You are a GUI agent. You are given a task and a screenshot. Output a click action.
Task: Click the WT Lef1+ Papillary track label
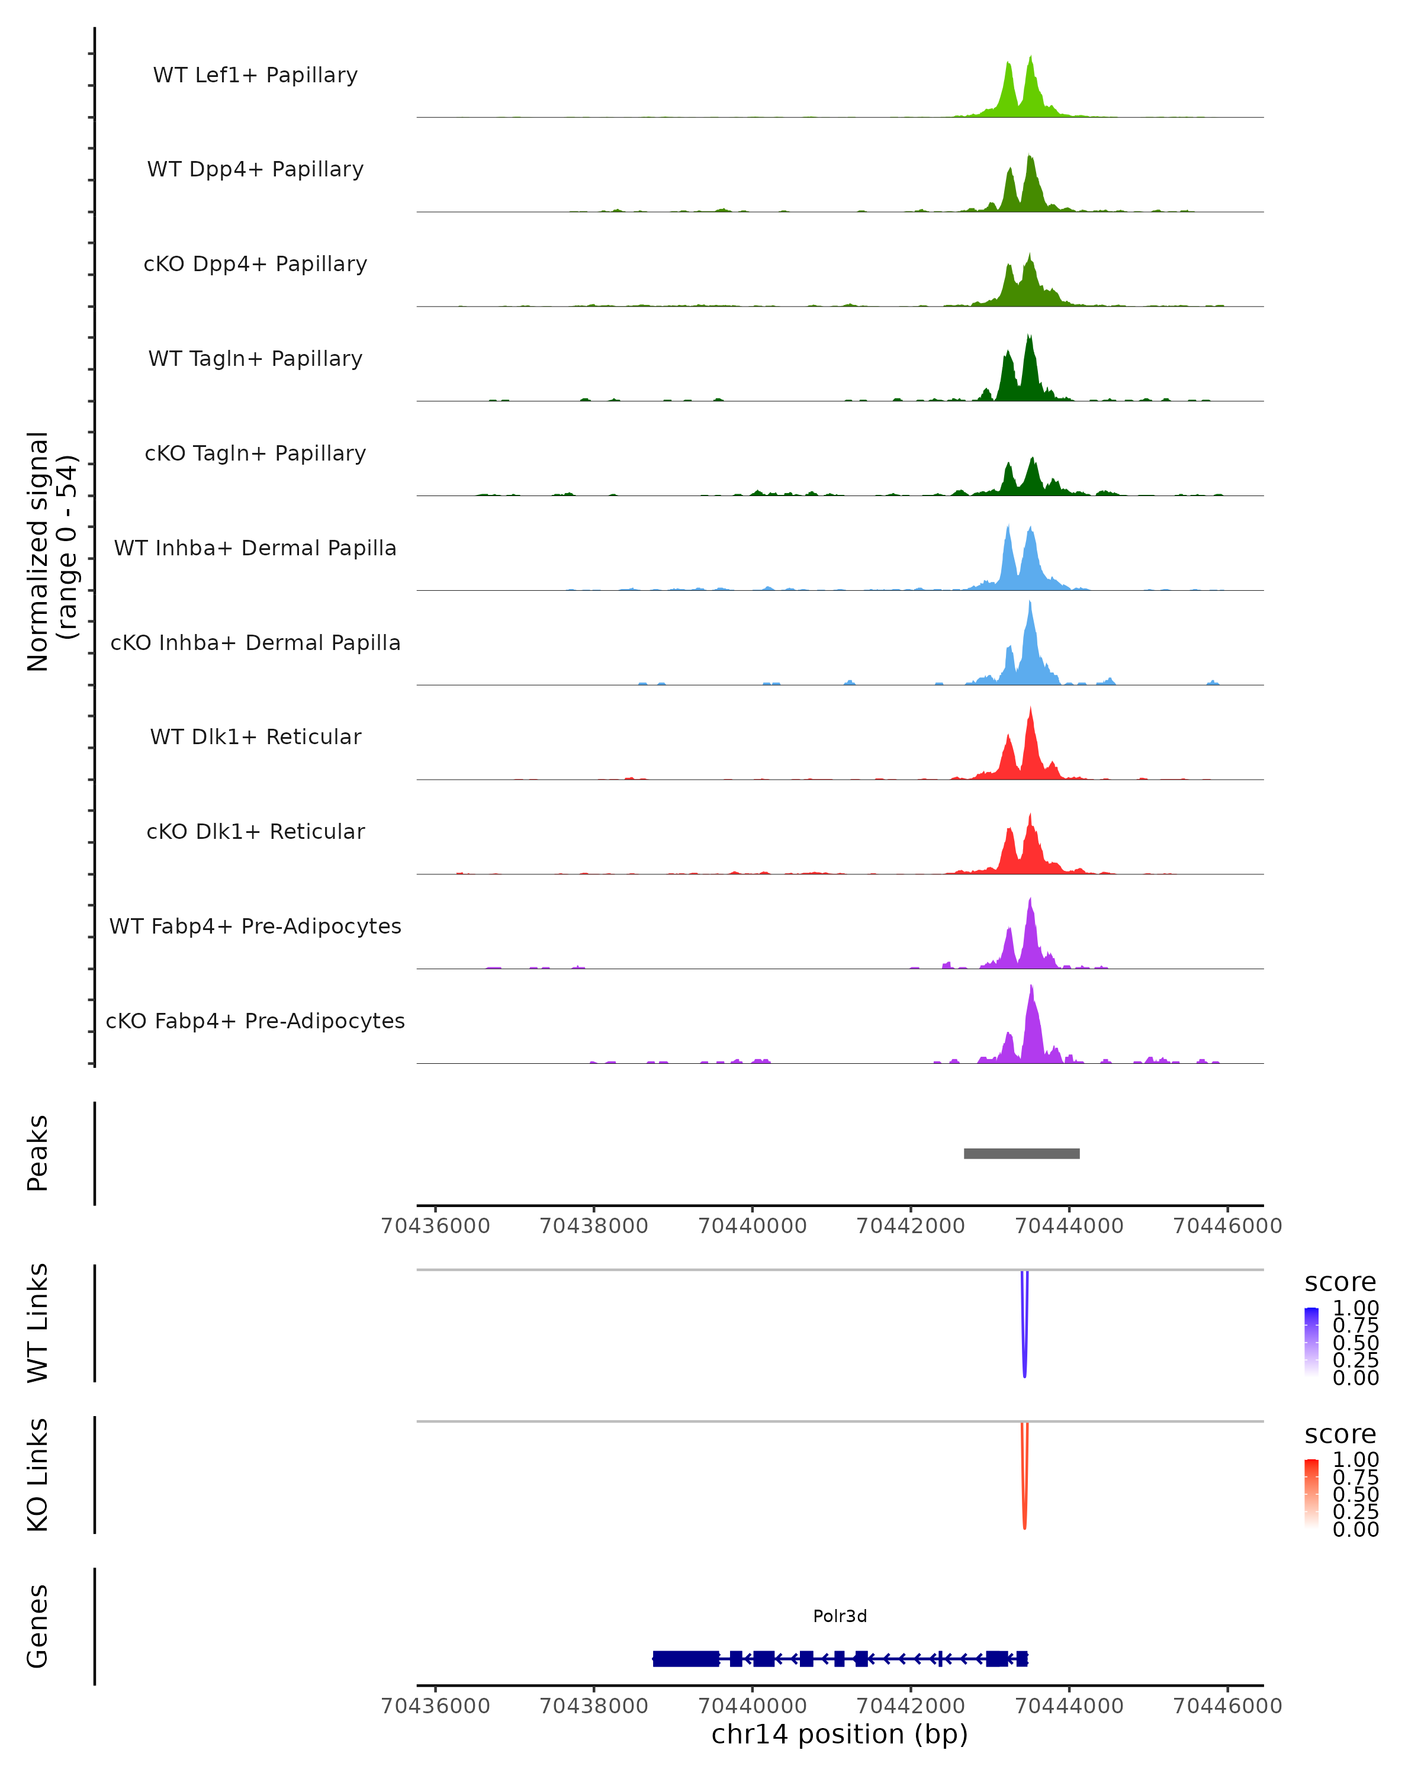pos(255,75)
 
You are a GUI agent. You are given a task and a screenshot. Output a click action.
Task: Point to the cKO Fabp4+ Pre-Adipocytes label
pos(255,1021)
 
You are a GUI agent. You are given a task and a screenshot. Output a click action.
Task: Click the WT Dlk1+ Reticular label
pos(255,736)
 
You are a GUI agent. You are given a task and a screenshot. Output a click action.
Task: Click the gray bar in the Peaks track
pos(1021,1153)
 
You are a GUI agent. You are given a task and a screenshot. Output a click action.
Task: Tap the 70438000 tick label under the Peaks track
pos(593,1226)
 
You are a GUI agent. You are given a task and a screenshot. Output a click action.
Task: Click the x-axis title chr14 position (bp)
pos(840,1735)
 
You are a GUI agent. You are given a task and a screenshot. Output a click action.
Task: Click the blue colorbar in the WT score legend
pos(1311,1342)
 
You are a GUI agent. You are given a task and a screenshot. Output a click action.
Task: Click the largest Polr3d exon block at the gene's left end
pos(686,1659)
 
